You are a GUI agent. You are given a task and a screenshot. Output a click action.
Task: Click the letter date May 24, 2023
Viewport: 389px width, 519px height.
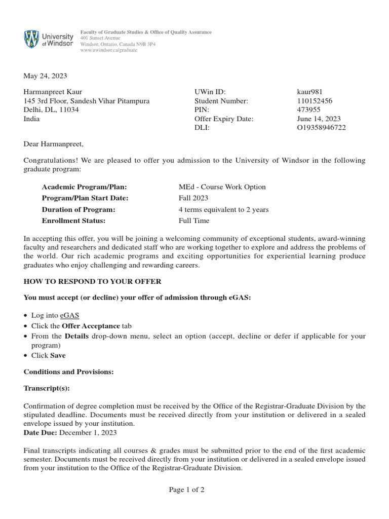(x=45, y=76)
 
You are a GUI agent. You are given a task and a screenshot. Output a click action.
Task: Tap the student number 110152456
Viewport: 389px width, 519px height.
(x=315, y=101)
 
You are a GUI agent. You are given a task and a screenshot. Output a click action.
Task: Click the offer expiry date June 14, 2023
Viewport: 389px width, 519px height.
(x=319, y=119)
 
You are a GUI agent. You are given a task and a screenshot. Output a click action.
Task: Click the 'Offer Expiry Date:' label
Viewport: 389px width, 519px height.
(x=223, y=119)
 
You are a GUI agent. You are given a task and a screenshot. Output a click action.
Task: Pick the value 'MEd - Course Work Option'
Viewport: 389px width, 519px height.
(x=222, y=187)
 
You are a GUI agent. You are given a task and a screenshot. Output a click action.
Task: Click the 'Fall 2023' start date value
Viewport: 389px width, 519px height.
(x=193, y=198)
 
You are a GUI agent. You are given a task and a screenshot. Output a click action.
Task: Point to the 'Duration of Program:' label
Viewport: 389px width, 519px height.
(x=79, y=209)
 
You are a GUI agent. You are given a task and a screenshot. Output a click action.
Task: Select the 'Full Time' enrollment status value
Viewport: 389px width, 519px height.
(x=193, y=220)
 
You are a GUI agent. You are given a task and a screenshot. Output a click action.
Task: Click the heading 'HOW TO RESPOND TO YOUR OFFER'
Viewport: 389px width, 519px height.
(x=93, y=281)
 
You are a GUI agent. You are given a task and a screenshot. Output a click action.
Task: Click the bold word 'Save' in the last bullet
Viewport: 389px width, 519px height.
(x=58, y=355)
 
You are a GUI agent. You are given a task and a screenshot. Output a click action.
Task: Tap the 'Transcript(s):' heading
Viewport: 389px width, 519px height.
(x=47, y=389)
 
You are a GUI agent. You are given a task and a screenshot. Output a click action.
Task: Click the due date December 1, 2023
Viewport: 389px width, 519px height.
(x=89, y=432)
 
